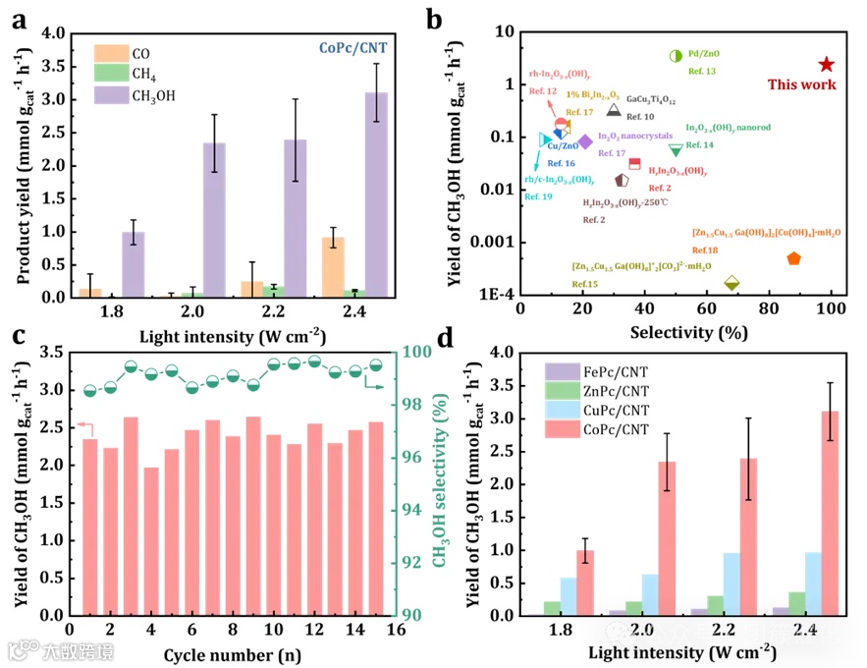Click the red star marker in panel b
pyautogui.click(x=826, y=65)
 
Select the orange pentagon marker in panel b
pyautogui.click(x=793, y=258)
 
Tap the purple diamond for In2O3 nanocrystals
pyautogui.click(x=585, y=141)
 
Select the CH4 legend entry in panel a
pyautogui.click(x=135, y=73)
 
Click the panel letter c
pyautogui.click(x=18, y=336)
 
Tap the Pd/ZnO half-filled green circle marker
pyautogui.click(x=676, y=56)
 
